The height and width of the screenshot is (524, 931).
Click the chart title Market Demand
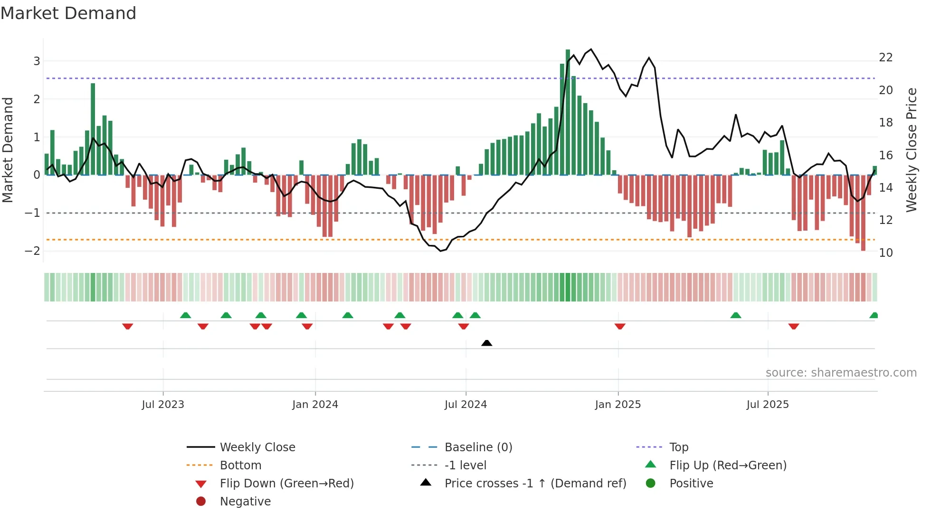pos(68,13)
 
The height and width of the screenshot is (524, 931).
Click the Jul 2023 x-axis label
pos(162,405)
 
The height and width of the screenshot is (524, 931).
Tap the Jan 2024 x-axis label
pos(315,405)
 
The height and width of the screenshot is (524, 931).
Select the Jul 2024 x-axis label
pos(465,405)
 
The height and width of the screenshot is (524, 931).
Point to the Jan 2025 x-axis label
pos(617,405)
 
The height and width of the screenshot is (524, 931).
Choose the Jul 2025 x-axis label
pos(767,405)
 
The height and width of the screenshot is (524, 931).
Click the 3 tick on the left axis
pos(37,61)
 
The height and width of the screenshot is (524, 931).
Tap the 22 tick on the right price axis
pos(885,58)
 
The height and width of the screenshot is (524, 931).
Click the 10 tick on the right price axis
pos(885,253)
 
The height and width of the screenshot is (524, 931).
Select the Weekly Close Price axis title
pos(911,150)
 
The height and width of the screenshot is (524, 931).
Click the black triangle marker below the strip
pos(486,343)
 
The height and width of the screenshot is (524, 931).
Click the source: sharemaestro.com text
pos(841,373)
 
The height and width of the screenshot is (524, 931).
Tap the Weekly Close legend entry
pos(257,447)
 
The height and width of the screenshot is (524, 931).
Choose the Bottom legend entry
pos(240,466)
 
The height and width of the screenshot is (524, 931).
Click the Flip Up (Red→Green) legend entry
pos(727,466)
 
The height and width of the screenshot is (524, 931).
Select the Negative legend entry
pos(245,502)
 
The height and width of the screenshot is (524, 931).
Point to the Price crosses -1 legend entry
pos(535,484)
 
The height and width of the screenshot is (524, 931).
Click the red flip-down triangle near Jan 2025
pos(619,326)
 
